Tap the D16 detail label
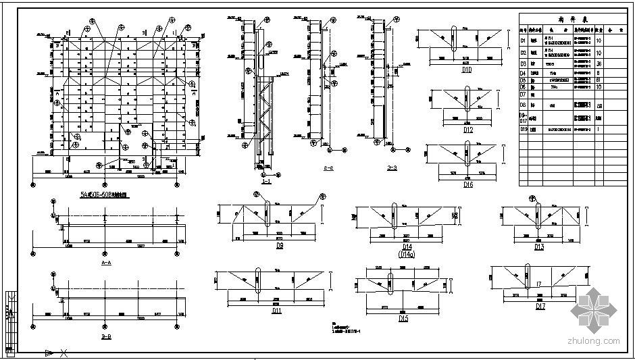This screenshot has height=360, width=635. (467, 184)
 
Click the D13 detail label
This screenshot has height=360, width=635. (538, 247)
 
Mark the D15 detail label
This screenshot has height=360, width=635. (403, 318)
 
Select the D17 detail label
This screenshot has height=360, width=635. (540, 307)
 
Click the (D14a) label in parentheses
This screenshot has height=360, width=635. (405, 255)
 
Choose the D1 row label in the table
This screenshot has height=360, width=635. (523, 41)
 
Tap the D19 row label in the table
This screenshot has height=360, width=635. (523, 128)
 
